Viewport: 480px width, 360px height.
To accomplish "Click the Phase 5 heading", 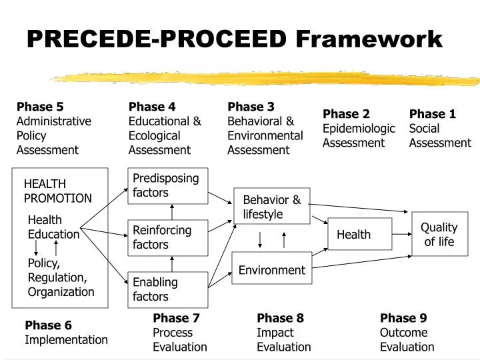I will click(40, 107).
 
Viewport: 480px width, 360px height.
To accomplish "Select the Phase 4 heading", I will click(152, 107).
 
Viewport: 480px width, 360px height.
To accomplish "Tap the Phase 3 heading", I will click(251, 107).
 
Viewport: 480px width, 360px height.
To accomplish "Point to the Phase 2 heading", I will click(346, 114).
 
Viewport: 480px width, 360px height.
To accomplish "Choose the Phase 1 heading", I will click(433, 114).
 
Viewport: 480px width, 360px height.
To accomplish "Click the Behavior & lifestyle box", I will click(271, 207).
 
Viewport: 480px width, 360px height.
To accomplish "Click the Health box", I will click(360, 234).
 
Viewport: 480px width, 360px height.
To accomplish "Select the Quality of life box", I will click(439, 234).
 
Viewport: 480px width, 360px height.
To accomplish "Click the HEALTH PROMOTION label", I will click(58, 191).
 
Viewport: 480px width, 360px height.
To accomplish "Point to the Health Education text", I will click(53, 227).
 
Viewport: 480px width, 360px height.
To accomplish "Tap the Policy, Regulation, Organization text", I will click(61, 277).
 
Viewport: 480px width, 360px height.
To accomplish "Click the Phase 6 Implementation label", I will click(66, 333).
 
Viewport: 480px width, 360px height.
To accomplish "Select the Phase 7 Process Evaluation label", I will click(180, 332).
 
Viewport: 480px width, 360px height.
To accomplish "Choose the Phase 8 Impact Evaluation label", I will click(284, 332).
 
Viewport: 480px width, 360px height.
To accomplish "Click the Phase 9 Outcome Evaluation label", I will click(407, 332).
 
